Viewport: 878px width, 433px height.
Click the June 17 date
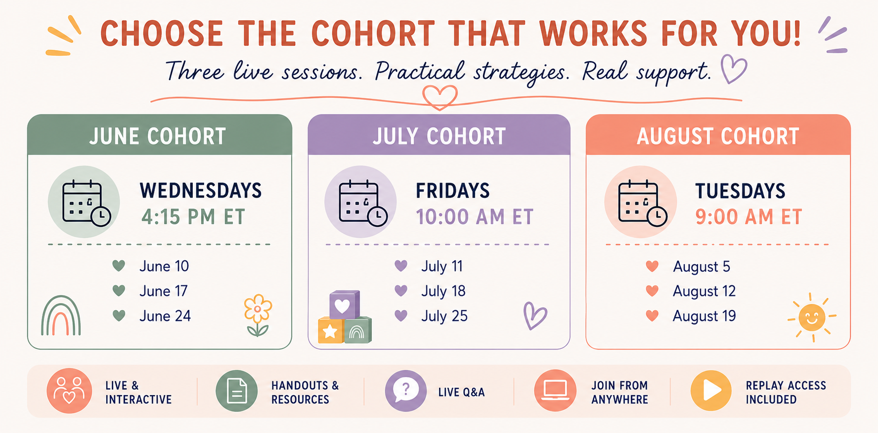tap(163, 291)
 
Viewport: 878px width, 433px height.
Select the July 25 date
tap(444, 316)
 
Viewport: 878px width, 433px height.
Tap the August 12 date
tap(704, 291)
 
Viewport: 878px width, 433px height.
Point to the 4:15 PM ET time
tap(193, 217)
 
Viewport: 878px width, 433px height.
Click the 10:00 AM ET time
tap(475, 217)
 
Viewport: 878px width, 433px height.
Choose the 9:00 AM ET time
tap(749, 217)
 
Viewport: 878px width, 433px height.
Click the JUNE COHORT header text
tap(157, 136)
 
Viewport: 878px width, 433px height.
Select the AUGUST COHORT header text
tap(718, 136)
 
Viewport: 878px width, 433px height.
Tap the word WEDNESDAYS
tap(201, 191)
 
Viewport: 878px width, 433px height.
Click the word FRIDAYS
tap(453, 191)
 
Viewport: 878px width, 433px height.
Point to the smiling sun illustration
tap(812, 318)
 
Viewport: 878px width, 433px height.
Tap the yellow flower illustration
tap(258, 315)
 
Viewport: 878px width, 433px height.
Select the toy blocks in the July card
tap(344, 317)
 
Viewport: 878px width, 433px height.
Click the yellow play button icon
tap(711, 391)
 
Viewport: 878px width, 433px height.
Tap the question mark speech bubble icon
tap(406, 391)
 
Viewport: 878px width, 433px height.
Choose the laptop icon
tap(555, 391)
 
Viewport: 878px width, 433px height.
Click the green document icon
tap(237, 391)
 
